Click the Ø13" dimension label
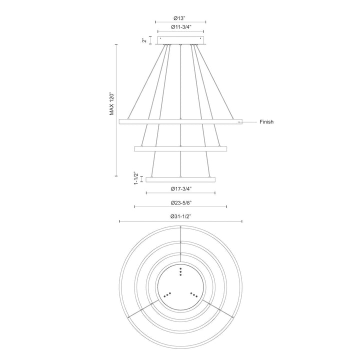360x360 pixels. coord(180,17)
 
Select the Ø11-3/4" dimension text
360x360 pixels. coord(180,26)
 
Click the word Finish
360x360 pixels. coord(266,122)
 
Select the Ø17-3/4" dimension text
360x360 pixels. coord(180,188)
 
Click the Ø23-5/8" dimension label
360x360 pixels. coord(180,202)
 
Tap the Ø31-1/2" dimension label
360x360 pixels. coord(180,216)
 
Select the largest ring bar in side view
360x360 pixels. coord(180,121)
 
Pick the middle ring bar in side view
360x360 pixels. coord(180,148)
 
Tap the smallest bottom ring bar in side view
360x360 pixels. coord(180,178)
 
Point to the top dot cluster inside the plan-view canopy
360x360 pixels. coord(180,271)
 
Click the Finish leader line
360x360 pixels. coord(250,122)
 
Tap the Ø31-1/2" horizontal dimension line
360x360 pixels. coord(150,221)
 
